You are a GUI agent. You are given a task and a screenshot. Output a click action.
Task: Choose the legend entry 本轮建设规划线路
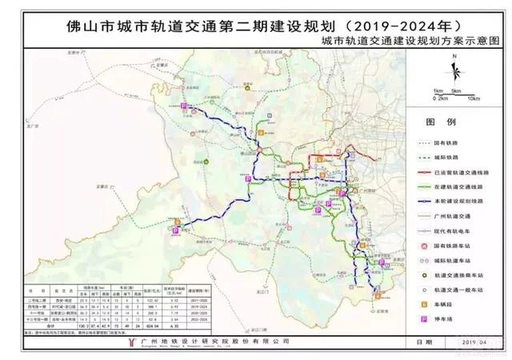point(462,200)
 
